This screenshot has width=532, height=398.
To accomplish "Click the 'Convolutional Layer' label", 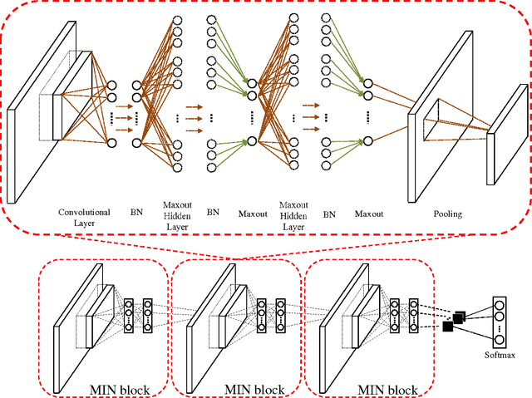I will [83, 217].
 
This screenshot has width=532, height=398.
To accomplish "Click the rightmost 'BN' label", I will [328, 214].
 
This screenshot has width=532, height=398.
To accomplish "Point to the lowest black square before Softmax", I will [448, 327].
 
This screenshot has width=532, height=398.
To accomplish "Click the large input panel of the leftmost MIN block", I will [71, 324].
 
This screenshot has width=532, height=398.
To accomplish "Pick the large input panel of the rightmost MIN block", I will [337, 324].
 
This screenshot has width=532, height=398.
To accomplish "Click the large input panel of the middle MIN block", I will [204, 324].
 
